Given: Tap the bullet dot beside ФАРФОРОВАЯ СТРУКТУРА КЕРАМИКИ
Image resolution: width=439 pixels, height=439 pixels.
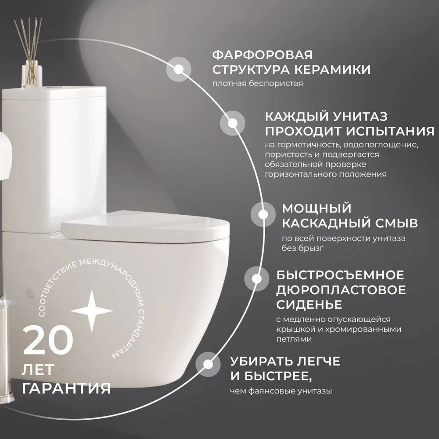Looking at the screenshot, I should tap(179, 69).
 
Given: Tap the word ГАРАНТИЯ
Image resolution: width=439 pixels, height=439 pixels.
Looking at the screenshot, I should tap(66, 389).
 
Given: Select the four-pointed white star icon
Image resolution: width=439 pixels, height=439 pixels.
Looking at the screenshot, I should tap(92, 310).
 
